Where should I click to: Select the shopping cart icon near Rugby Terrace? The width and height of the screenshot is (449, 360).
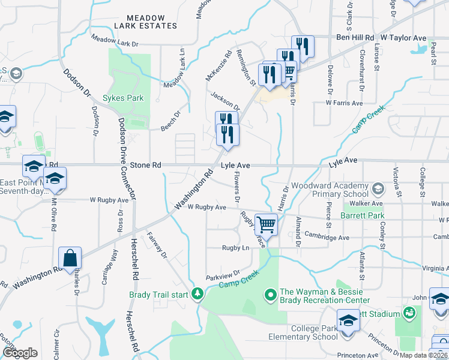266,225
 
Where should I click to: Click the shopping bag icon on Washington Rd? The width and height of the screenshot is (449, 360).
70,259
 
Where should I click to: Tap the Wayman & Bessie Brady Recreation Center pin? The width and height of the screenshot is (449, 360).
270,295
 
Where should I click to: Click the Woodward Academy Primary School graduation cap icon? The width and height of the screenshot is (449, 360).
378,190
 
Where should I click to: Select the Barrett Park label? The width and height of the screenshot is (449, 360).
362,215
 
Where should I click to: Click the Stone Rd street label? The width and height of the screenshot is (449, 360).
146,164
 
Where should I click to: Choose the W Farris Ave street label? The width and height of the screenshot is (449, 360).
344,103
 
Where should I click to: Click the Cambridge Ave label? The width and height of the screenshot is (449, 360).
327,237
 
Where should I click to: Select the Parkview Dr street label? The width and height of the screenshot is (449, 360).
223,274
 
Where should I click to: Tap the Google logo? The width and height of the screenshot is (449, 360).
20,352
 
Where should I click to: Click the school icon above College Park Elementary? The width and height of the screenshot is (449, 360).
348,320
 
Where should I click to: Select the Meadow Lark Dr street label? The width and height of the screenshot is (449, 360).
115,41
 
